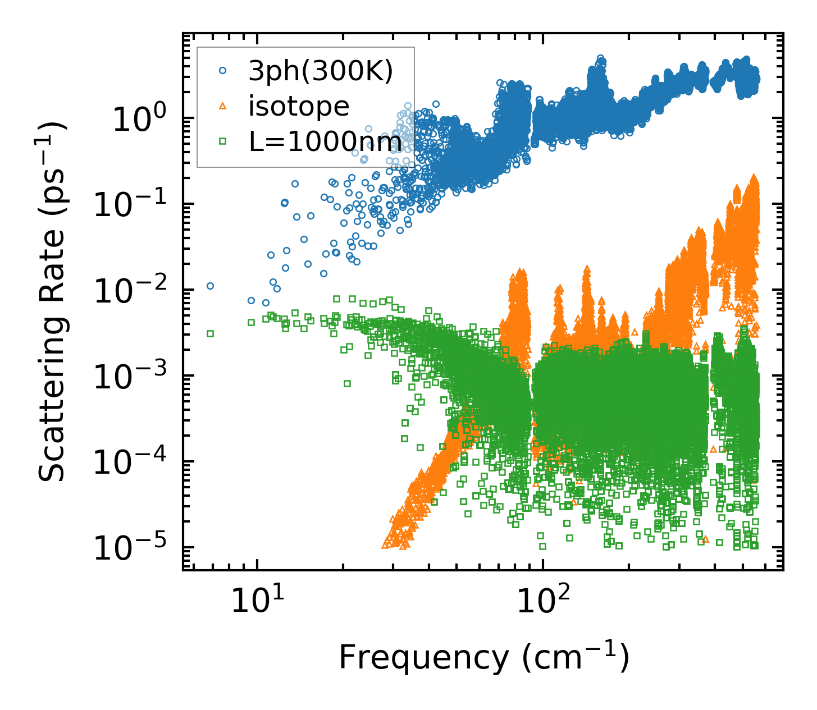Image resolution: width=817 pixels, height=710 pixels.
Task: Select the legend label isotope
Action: [x=299, y=107]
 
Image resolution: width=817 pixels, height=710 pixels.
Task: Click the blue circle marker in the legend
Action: [x=223, y=71]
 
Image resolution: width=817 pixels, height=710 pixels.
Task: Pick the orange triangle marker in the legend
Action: [x=223, y=106]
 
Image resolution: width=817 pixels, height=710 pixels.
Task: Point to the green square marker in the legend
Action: [x=223, y=141]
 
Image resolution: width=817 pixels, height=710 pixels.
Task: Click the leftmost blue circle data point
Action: [x=210, y=286]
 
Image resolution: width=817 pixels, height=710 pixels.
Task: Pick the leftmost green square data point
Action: [x=210, y=333]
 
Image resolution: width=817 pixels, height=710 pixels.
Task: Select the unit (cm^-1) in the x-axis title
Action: [x=576, y=657]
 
